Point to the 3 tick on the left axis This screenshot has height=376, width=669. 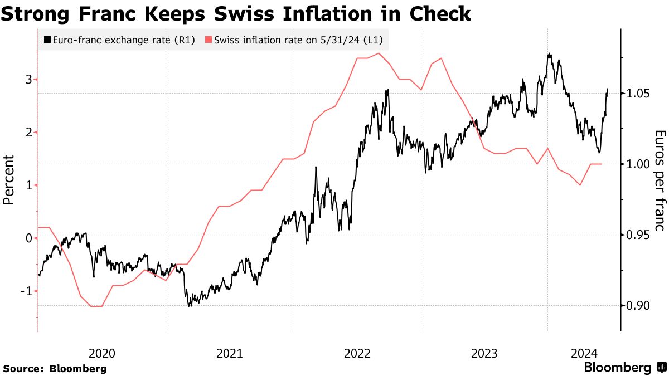[x=28, y=80]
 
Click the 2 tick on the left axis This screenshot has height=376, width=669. [x=28, y=133]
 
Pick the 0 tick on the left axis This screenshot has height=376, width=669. [x=28, y=238]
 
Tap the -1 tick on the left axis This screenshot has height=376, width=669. [x=26, y=291]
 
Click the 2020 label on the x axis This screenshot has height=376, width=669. [x=101, y=353]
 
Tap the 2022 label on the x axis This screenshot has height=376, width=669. [x=357, y=353]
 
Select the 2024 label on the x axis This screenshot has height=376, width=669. [x=584, y=353]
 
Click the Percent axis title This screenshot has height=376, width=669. [x=9, y=180]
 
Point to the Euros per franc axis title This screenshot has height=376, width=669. [x=660, y=181]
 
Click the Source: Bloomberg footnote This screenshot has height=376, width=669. [x=55, y=369]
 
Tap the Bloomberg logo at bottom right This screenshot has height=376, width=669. [x=624, y=368]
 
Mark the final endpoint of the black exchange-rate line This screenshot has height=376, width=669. [x=607, y=89]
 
